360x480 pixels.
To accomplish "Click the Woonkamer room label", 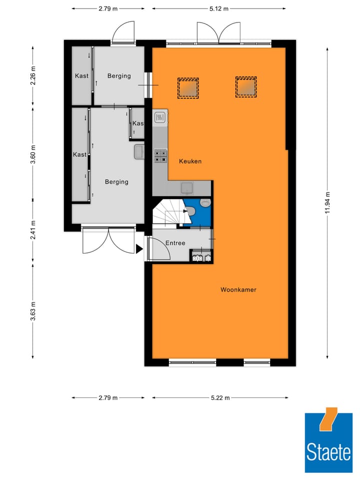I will click(238, 289).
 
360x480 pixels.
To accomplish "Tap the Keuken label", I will click(190, 161).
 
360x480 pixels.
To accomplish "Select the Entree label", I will click(175, 243).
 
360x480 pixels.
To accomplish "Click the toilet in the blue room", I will click(204, 203).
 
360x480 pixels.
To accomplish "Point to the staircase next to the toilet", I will click(168, 212).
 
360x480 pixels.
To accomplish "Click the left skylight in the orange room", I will click(188, 87).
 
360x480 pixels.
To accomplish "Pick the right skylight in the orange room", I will click(246, 87).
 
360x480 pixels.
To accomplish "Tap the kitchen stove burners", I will click(160, 156).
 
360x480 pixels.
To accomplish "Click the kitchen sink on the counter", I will click(187, 188).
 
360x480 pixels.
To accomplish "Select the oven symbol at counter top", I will click(160, 117).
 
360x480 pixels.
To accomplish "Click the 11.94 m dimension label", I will click(328, 202).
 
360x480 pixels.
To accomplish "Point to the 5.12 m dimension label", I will click(218, 8).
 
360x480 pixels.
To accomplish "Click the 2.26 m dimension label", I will click(33, 76).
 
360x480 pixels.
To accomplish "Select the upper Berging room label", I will click(119, 76).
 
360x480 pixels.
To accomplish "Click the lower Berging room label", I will click(116, 182).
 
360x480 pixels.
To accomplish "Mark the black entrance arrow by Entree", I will click(139, 248).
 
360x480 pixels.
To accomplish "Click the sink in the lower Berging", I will click(139, 151).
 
